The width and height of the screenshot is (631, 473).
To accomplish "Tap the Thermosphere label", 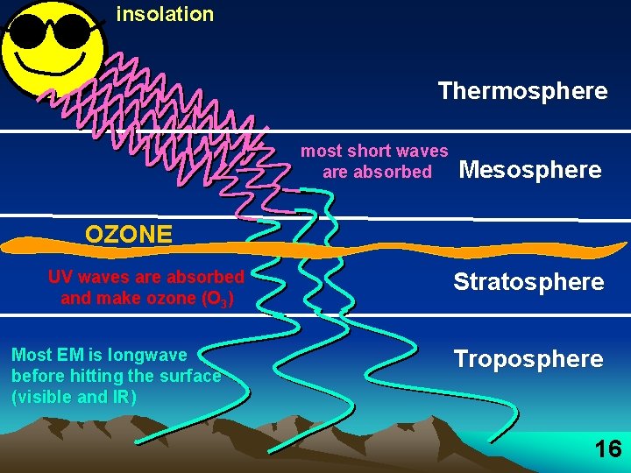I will [522, 91].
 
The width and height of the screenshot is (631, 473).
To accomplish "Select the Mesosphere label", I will [530, 170].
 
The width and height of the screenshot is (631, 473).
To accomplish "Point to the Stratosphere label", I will [528, 282].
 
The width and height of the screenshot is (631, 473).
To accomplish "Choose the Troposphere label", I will [528, 359].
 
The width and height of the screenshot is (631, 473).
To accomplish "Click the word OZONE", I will [128, 235].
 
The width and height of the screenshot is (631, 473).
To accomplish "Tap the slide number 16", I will [607, 450].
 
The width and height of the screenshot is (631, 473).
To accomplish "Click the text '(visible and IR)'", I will [74, 397].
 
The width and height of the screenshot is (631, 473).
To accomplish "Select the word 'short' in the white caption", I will [370, 152].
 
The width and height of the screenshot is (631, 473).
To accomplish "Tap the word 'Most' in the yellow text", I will [32, 355].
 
